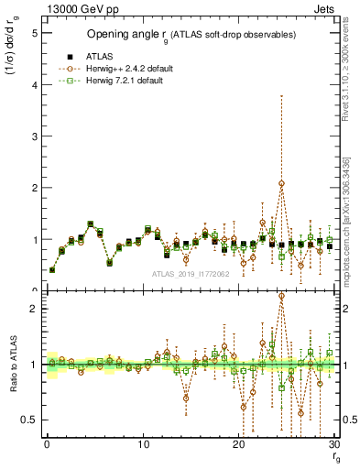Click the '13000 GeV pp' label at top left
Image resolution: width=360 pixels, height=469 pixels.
(x=76, y=8)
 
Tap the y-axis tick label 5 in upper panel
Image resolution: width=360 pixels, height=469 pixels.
(x=34, y=33)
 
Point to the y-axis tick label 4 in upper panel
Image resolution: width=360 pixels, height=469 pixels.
(x=34, y=85)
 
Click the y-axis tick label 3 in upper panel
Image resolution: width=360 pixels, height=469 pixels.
(x=34, y=136)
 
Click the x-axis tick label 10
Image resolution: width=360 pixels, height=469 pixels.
(x=143, y=444)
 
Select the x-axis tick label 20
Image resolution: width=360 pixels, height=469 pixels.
(x=239, y=444)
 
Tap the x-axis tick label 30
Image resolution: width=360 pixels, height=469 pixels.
(x=334, y=444)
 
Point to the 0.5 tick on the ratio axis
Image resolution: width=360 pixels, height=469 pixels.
(x=30, y=420)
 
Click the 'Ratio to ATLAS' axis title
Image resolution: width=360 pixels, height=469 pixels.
(x=11, y=365)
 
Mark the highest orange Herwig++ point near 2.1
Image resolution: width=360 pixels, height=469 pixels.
(x=281, y=183)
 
